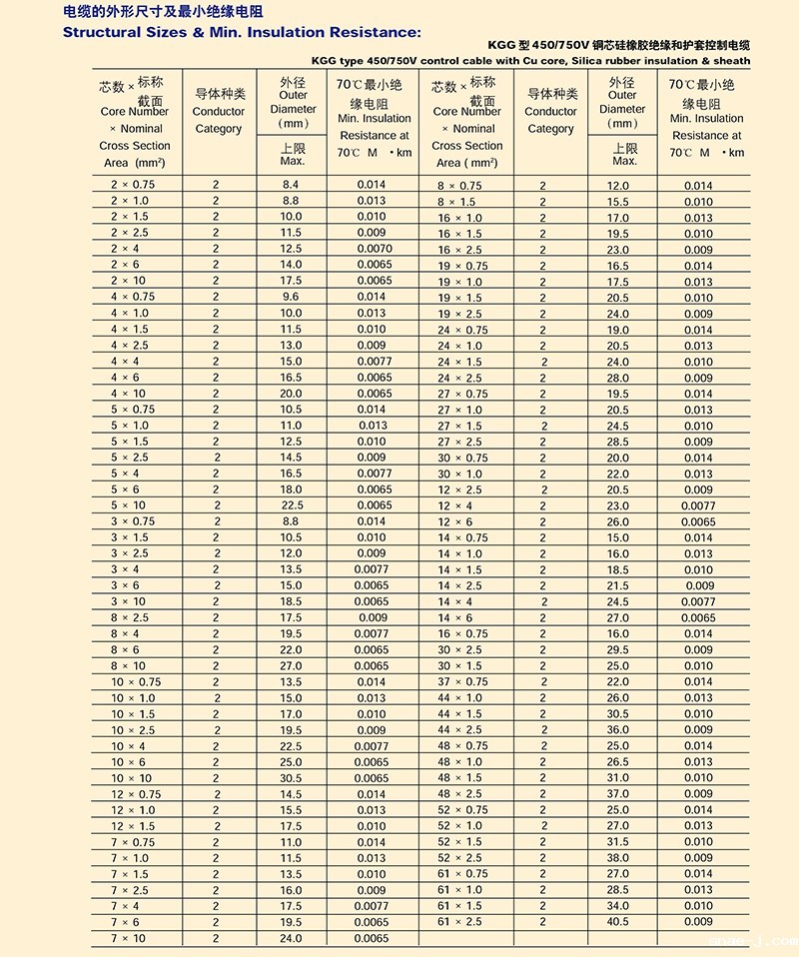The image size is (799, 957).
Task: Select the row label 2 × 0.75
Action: tap(133, 185)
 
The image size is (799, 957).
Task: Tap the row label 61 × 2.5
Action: tap(459, 922)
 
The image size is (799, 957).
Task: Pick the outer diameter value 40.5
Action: tap(618, 922)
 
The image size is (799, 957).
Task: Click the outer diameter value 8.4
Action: tap(291, 185)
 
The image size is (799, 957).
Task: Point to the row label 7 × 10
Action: tap(128, 938)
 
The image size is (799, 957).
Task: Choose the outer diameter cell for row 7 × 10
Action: tap(291, 938)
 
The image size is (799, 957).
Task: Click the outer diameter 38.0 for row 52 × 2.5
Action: tap(618, 858)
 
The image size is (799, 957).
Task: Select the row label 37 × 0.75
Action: tap(463, 682)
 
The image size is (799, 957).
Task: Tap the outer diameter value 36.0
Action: tap(618, 730)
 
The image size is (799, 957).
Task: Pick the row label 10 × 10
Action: tap(132, 778)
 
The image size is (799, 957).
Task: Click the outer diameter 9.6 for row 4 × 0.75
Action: tap(291, 297)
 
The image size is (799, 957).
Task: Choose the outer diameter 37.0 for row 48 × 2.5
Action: tap(618, 794)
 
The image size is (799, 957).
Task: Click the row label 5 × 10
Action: tap(128, 505)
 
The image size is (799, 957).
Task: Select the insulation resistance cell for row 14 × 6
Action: tap(699, 618)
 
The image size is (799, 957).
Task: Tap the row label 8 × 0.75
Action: tap(459, 186)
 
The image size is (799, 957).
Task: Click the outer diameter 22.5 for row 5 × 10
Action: tap(291, 505)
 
